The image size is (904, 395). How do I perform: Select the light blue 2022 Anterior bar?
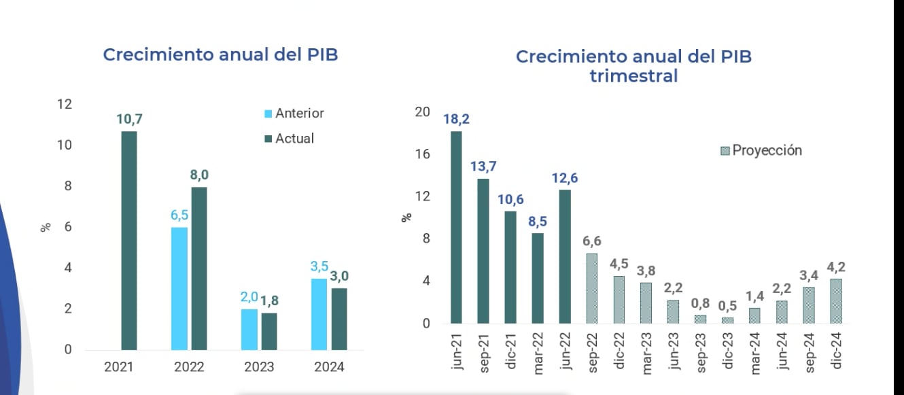click(x=179, y=288)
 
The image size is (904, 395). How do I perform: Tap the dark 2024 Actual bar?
click(x=338, y=319)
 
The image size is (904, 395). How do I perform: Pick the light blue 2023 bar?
click(x=249, y=329)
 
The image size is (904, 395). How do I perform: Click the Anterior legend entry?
click(x=294, y=114)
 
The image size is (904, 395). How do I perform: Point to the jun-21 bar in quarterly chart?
click(x=456, y=227)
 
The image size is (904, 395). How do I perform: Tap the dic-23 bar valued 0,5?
click(x=727, y=320)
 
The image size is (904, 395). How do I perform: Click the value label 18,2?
click(x=456, y=119)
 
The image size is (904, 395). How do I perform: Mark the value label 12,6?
click(x=564, y=178)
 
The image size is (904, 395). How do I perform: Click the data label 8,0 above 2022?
click(x=199, y=175)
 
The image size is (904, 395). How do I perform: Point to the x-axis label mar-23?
click(x=647, y=351)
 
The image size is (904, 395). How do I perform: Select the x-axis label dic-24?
click(x=837, y=351)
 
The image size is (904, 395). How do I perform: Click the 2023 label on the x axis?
click(x=259, y=367)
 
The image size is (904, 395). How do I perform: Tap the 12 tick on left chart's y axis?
click(x=65, y=105)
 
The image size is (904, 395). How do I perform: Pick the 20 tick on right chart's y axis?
click(x=422, y=112)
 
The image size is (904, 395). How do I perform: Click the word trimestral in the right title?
click(x=633, y=75)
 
